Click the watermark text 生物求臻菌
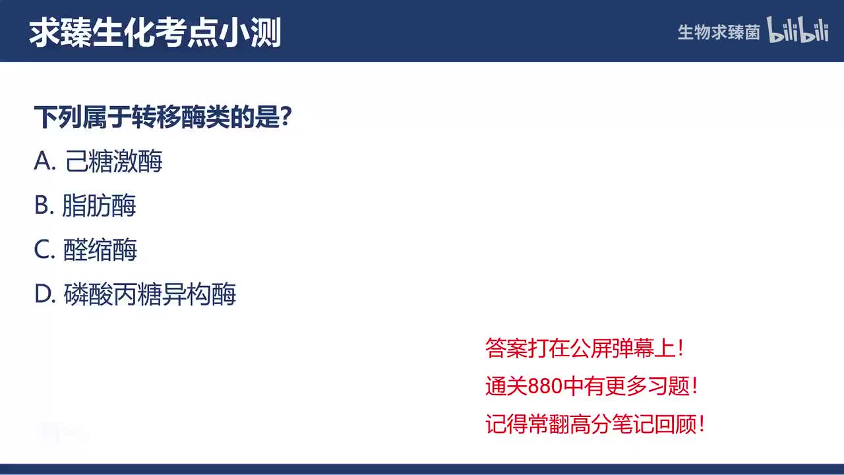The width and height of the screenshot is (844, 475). tap(719, 32)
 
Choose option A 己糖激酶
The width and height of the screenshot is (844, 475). tap(114, 162)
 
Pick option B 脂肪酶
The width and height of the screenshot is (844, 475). tap(99, 206)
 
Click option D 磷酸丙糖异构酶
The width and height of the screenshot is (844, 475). tap(150, 294)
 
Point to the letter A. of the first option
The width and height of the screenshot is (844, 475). tap(44, 162)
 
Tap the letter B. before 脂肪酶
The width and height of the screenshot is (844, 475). tap(44, 206)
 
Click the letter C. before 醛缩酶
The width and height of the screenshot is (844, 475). tap(44, 250)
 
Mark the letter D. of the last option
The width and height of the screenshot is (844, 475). tap(44, 294)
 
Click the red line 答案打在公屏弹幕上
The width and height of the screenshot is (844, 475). tap(584, 348)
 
